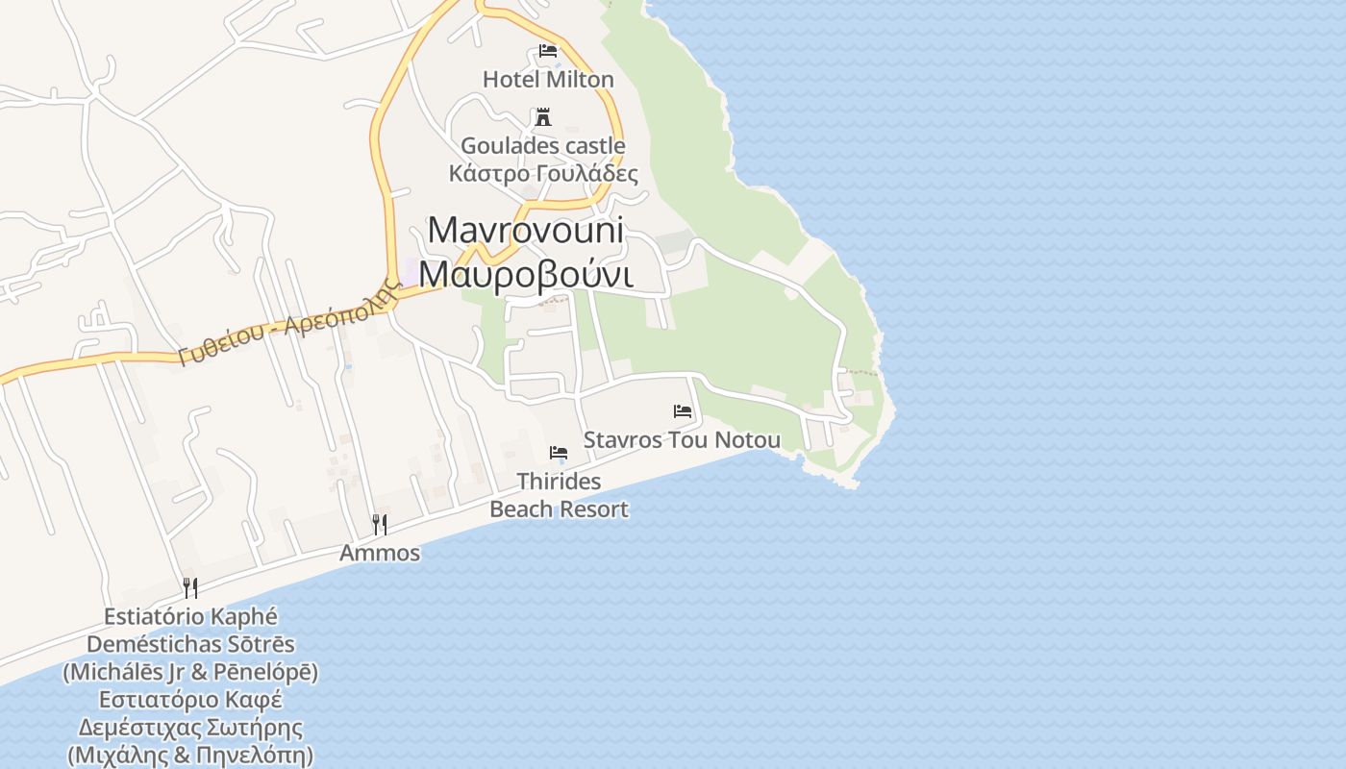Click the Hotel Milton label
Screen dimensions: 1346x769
tap(548, 79)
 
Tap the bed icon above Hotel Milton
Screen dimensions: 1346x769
tap(548, 51)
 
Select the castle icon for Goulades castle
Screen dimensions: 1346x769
tap(543, 117)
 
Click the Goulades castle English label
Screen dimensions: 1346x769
tap(543, 146)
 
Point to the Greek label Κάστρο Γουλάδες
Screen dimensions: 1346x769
tap(543, 174)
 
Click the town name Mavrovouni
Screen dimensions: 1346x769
tap(526, 231)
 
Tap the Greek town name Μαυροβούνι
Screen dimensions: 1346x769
tap(526, 275)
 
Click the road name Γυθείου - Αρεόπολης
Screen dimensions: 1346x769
tap(288, 324)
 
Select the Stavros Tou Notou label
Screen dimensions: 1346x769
tap(683, 440)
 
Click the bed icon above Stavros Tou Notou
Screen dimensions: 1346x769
tap(683, 411)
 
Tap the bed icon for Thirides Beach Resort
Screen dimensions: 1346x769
tap(559, 452)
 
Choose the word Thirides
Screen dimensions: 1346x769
tap(559, 481)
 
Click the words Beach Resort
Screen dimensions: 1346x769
tap(559, 509)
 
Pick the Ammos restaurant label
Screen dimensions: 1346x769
tap(380, 553)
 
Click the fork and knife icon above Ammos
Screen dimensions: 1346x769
tap(380, 524)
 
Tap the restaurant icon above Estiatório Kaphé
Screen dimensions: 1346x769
tap(190, 587)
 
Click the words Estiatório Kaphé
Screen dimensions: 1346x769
tap(190, 616)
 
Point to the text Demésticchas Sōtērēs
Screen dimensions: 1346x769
tap(190, 644)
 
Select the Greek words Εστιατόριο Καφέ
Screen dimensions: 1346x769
tap(190, 700)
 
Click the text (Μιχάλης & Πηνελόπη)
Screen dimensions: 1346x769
tap(190, 756)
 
